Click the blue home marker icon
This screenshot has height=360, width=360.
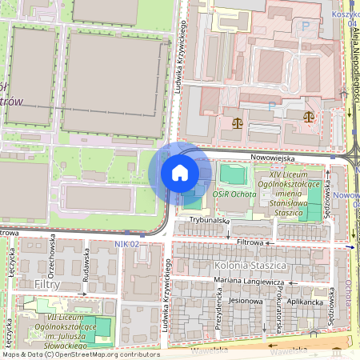click(180, 173)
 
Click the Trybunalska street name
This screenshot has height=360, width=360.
click(209, 219)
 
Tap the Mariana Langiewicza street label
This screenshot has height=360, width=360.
click(249, 282)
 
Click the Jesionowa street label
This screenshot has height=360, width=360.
click(246, 302)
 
